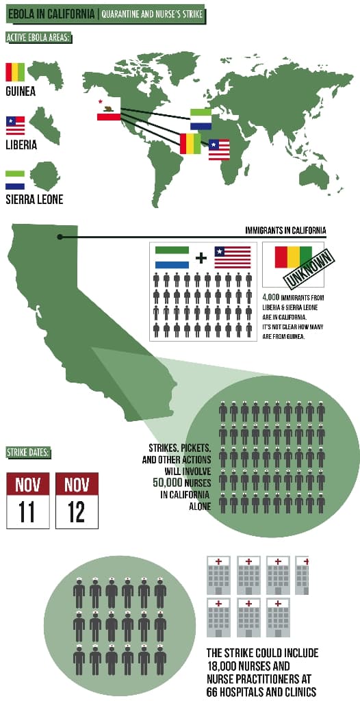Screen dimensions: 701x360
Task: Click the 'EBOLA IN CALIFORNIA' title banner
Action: tap(51, 14)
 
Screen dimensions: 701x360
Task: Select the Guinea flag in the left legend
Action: tap(15, 71)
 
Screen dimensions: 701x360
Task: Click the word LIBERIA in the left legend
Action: tap(21, 145)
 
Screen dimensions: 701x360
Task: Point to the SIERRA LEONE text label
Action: tap(34, 199)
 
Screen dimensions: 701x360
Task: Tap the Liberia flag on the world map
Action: tap(219, 149)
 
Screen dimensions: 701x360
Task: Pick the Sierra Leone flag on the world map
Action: tap(201, 118)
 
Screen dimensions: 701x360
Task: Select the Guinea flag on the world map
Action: tap(190, 143)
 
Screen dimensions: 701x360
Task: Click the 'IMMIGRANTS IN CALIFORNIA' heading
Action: tap(285, 230)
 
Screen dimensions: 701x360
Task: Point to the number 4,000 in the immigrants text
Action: tap(272, 298)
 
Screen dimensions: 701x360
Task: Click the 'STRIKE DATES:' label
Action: tap(28, 452)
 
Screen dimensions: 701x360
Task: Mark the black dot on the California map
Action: tap(60, 237)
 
